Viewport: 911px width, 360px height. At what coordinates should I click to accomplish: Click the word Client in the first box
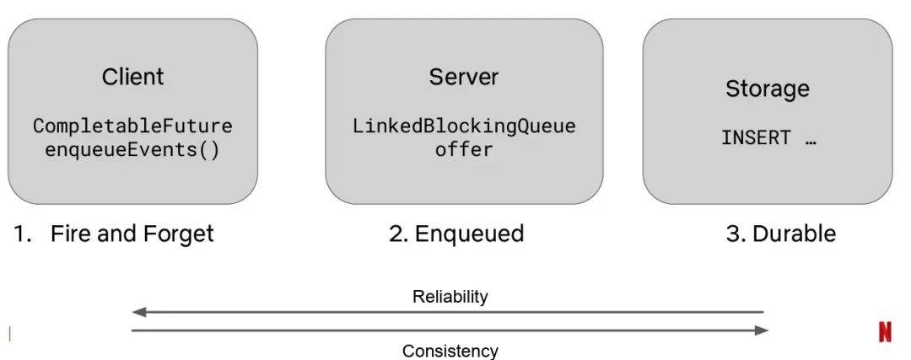pos(132,77)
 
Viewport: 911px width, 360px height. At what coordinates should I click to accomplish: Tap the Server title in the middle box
pos(464,77)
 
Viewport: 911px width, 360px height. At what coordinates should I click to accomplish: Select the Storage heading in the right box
pos(767,89)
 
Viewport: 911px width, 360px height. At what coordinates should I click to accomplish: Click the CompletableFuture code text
pos(132,126)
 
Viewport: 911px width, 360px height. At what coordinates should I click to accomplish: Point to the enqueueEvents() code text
pos(132,150)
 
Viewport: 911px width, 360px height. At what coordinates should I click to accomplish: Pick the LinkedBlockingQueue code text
pos(464,126)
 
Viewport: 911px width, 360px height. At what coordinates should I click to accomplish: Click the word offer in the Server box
pos(464,149)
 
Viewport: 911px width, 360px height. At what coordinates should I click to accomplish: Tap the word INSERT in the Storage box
pos(756,137)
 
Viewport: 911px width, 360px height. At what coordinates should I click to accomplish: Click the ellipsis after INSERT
pos(811,142)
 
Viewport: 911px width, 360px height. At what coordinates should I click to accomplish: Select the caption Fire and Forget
pos(132,234)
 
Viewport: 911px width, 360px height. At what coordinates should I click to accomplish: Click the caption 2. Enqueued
pos(456,234)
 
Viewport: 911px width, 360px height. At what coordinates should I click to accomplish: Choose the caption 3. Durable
pos(781,234)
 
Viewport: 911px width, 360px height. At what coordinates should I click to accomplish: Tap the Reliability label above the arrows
pos(450,297)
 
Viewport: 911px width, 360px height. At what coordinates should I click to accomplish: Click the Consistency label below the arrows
pos(450,351)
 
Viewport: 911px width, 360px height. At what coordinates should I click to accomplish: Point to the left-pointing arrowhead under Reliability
pos(138,313)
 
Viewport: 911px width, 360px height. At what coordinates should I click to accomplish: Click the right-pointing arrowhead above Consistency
pos(762,330)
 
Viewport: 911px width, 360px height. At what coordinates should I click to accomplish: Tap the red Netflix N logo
pos(885,333)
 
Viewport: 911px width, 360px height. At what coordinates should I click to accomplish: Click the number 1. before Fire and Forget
pos(21,234)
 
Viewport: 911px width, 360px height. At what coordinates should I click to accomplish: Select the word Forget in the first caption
pos(178,234)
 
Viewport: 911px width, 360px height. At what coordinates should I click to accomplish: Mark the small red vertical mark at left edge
pos(10,334)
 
